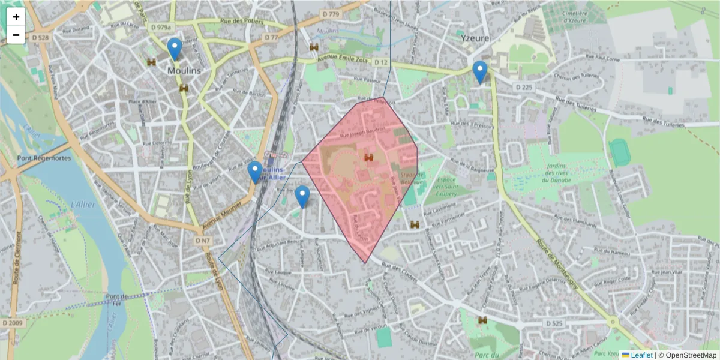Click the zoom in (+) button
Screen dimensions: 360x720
pyautogui.click(x=16, y=17)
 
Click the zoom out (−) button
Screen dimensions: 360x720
pyautogui.click(x=16, y=35)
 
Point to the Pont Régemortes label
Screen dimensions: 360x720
pyautogui.click(x=44, y=158)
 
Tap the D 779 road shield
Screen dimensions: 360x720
pyautogui.click(x=330, y=14)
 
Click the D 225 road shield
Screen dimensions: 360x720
pyautogui.click(x=523, y=88)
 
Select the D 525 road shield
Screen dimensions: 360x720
pyautogui.click(x=555, y=323)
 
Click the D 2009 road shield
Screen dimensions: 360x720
pyautogui.click(x=12, y=323)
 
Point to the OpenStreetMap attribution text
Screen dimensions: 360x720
pyautogui.click(x=688, y=355)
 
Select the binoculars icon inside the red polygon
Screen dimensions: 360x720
pyautogui.click(x=368, y=157)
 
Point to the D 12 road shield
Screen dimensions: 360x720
pyautogui.click(x=380, y=62)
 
